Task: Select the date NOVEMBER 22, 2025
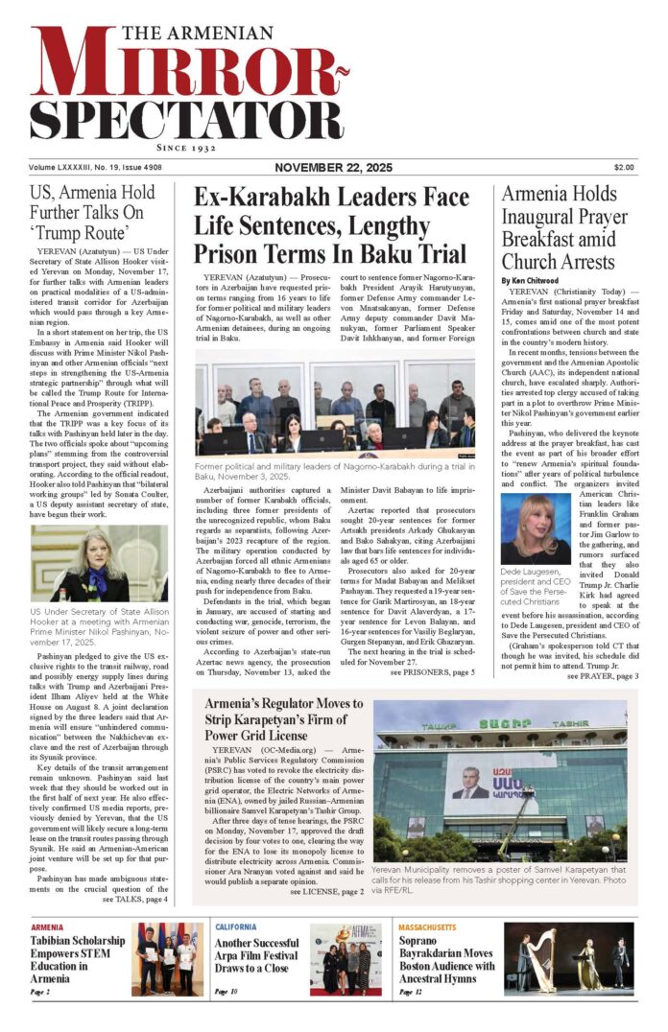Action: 333,167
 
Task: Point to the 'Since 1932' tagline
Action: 187,151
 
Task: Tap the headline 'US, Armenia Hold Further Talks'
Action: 100,212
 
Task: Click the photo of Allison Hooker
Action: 100,563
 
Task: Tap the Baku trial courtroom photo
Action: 335,403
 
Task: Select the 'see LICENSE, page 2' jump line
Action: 326,891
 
